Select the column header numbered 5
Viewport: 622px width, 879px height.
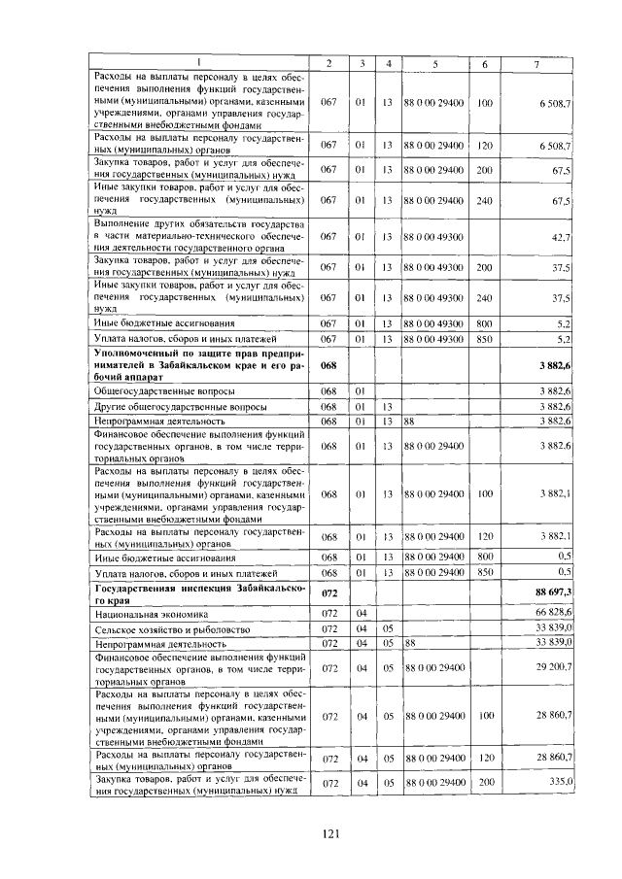click(435, 64)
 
